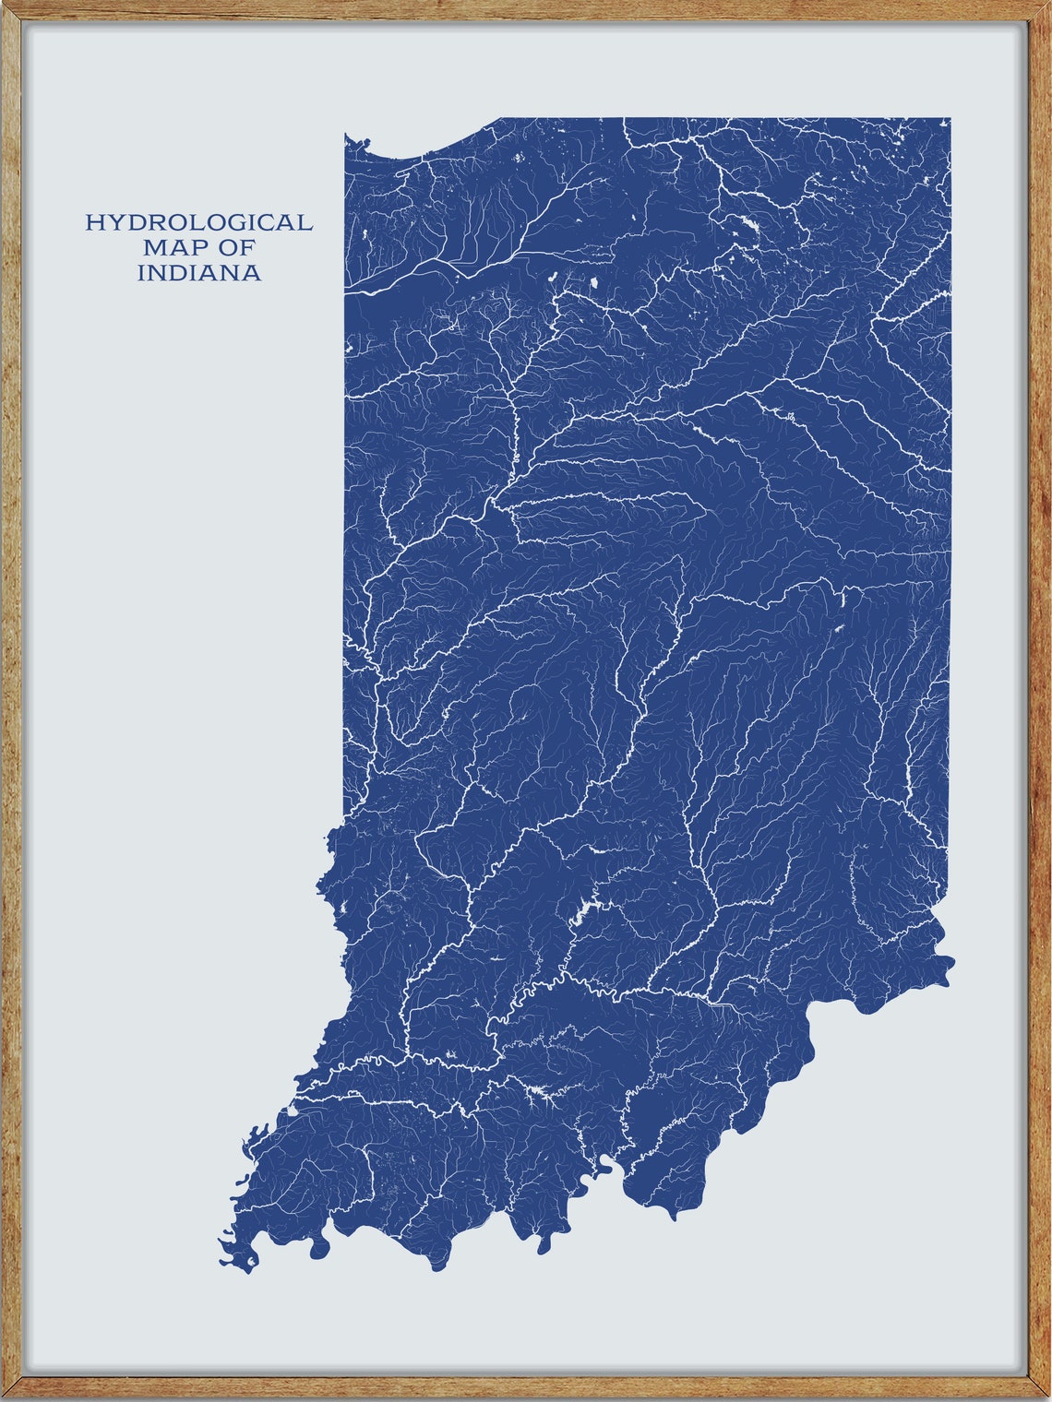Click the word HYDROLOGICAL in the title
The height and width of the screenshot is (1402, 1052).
(198, 222)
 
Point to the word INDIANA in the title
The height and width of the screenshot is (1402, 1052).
(198, 273)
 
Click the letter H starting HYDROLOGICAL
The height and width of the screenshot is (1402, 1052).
(93, 222)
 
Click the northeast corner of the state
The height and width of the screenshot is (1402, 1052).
(950, 119)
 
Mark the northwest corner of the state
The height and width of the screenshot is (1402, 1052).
(346, 136)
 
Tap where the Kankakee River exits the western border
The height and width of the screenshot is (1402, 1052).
(346, 291)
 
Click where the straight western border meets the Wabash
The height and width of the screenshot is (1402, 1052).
(345, 815)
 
